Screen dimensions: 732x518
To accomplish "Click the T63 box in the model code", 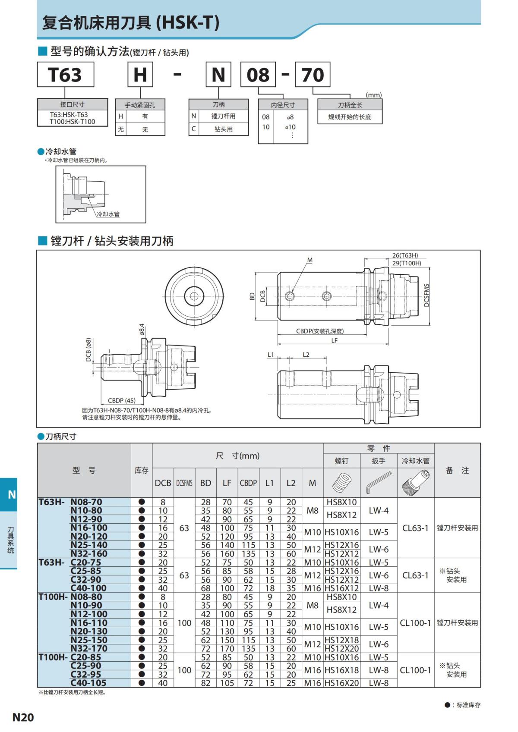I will point(65,75).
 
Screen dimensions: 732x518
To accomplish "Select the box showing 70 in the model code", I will point(313,75).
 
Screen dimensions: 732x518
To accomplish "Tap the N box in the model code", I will point(218,75).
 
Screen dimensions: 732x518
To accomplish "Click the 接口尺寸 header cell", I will point(73,104).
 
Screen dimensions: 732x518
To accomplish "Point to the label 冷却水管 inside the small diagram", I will point(108,214).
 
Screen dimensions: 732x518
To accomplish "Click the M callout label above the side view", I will point(310,260).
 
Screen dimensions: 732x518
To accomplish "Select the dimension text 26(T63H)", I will point(405,255).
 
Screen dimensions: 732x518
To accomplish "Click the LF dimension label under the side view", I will point(334,340).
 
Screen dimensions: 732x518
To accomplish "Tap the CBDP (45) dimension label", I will point(121,400).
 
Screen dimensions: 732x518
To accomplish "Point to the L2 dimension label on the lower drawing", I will point(306,355).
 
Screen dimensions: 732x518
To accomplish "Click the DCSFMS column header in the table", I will point(184,483).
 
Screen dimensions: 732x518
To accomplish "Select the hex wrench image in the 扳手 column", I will point(379,482).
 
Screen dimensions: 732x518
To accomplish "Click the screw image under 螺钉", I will point(341,482).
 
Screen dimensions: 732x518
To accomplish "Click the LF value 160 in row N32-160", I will point(227,554).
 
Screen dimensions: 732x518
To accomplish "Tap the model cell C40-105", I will point(88,683).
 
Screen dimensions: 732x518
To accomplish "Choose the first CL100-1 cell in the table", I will point(415,623).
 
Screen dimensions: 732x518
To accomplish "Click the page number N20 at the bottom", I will point(23,717).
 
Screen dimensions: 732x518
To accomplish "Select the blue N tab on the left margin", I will point(12,494).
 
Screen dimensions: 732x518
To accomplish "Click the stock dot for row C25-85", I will point(142,571).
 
